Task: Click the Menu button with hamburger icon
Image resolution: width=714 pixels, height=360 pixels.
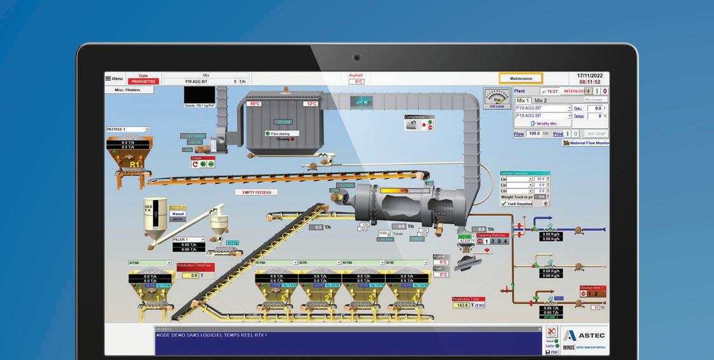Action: [114, 78]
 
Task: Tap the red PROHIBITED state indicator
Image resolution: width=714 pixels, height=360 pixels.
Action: [143, 81]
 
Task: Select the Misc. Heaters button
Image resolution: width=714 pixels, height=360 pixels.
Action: [127, 90]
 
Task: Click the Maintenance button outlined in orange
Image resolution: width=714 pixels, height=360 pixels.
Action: [521, 78]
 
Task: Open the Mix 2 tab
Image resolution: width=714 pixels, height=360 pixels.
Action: [541, 100]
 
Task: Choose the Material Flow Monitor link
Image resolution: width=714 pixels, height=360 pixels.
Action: [586, 143]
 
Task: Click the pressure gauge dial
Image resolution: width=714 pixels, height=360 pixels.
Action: [497, 98]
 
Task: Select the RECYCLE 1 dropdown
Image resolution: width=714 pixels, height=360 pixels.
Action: [128, 129]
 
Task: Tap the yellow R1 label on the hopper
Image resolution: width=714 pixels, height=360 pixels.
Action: [134, 164]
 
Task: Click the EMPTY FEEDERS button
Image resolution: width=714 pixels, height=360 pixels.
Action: [256, 192]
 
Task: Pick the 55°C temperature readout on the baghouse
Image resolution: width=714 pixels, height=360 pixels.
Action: [255, 103]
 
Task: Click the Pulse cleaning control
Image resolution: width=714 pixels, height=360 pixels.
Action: [279, 133]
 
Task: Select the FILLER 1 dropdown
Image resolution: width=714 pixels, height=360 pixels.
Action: [189, 239]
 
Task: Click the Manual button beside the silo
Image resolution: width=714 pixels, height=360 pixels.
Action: [178, 214]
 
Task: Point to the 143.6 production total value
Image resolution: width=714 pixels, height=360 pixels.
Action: [461, 305]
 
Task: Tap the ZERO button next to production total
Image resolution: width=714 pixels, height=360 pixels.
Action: [479, 305]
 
